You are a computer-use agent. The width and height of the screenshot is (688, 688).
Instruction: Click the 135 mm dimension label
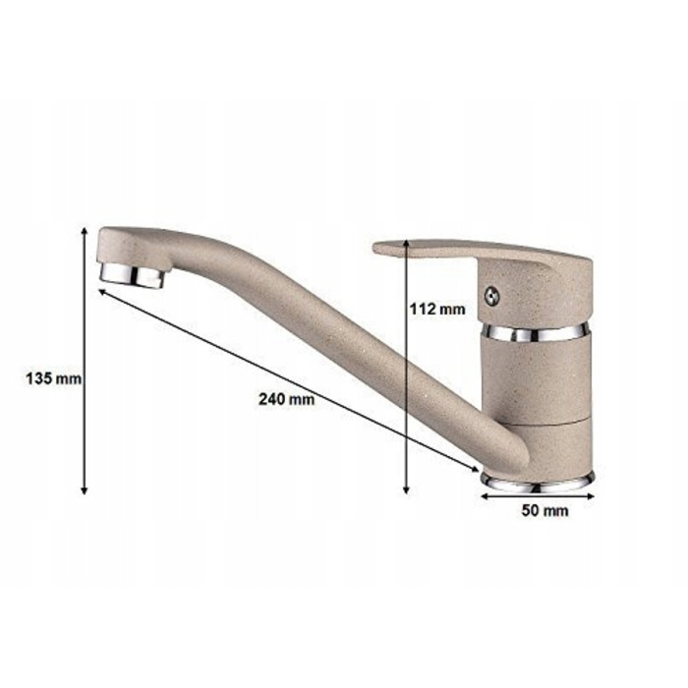53,378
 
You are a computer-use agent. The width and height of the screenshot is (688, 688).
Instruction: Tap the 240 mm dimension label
286,399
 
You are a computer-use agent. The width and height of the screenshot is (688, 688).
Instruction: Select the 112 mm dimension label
437,309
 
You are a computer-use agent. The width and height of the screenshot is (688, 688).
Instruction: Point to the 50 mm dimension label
545,511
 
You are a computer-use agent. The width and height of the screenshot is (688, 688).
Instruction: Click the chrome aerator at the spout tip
133,275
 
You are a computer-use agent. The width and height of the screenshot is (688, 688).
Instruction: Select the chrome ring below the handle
534,333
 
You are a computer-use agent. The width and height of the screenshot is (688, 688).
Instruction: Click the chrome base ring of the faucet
537,484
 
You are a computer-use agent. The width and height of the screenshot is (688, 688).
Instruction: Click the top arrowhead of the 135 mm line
85,231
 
